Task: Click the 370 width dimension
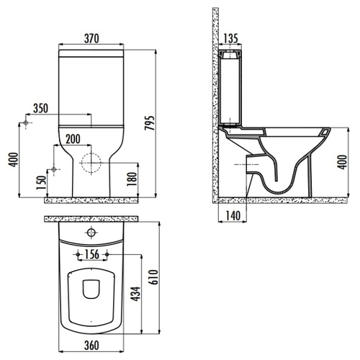(x=91, y=38)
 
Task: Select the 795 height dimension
(x=149, y=123)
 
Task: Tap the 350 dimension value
(x=40, y=109)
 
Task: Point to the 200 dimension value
(x=73, y=139)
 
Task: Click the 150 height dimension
(x=41, y=183)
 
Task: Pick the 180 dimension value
(x=132, y=179)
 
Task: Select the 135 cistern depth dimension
(x=230, y=38)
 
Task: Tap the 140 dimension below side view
(x=233, y=216)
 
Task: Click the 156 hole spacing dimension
(x=92, y=254)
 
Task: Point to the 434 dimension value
(x=135, y=294)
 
